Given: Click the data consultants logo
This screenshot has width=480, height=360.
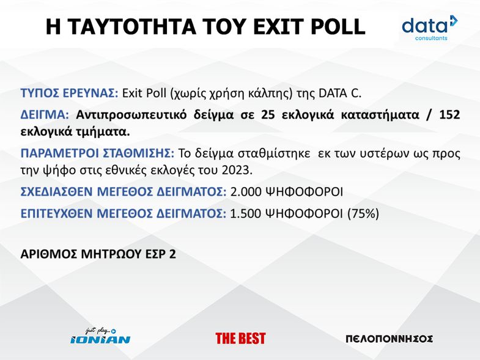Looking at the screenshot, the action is click(430, 28).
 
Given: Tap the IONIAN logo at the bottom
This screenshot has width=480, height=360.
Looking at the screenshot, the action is click(100, 336).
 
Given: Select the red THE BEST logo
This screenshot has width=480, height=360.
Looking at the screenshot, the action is click(240, 339).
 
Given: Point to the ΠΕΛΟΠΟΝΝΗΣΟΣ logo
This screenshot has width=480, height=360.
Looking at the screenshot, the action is click(389, 339).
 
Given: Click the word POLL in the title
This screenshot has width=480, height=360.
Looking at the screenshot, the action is click(338, 27).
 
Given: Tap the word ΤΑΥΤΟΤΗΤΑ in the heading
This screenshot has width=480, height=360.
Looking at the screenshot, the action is click(131, 27).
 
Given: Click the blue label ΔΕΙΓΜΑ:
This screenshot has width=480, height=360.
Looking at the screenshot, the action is click(45, 115).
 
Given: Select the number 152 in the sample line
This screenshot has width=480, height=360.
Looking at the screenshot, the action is click(449, 114).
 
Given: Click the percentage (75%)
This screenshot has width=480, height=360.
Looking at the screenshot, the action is click(363, 213).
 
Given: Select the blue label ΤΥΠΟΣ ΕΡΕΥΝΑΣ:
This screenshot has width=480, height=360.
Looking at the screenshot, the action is click(69, 93).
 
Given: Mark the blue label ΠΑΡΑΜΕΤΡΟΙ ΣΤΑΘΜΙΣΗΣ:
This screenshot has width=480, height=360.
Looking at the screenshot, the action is click(97, 153).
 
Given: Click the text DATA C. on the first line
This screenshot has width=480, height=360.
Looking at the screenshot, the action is click(340, 93).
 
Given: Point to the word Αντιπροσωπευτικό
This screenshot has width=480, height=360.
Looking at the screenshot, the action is click(131, 115).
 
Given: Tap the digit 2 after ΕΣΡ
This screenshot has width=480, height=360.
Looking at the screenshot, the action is click(172, 254).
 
